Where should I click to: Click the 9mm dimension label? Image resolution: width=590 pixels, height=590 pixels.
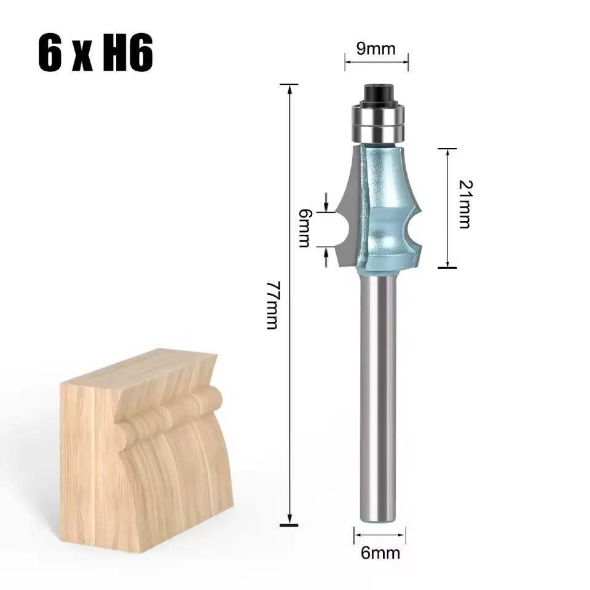[376, 49]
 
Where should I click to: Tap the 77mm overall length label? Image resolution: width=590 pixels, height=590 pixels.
[272, 305]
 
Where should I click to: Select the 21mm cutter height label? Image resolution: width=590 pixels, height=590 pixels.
[466, 204]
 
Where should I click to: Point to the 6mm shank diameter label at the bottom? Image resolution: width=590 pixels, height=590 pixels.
[380, 553]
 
